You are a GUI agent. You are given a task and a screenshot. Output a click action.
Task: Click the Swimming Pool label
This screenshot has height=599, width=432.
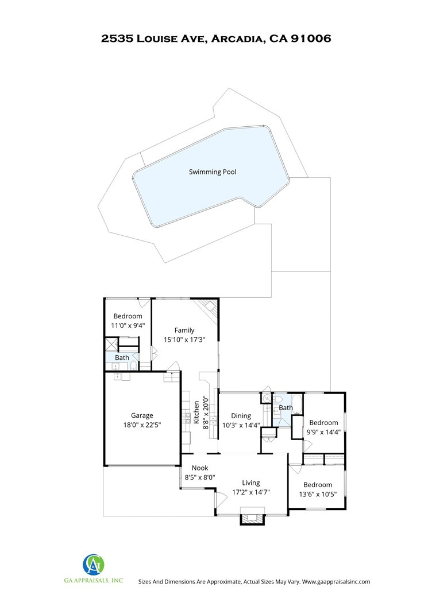(x=213, y=172)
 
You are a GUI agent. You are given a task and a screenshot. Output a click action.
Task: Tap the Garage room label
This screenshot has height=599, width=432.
(x=142, y=415)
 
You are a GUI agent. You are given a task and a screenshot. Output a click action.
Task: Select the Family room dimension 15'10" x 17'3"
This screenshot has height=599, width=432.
(x=184, y=340)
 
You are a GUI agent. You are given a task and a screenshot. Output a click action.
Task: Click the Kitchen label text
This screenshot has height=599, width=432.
(x=196, y=412)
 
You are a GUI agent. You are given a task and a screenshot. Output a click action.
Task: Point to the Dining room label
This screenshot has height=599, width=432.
(x=241, y=415)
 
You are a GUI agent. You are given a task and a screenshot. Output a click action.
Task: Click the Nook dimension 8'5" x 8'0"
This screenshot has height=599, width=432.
(x=200, y=477)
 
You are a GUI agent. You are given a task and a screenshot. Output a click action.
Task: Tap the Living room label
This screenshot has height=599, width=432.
(x=251, y=483)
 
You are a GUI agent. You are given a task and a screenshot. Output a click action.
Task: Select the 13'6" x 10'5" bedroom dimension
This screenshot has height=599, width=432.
(x=318, y=495)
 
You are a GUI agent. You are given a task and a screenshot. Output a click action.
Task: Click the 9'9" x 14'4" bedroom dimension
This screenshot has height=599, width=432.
(x=324, y=432)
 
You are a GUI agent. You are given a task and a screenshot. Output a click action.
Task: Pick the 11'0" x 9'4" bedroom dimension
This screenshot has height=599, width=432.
(x=128, y=325)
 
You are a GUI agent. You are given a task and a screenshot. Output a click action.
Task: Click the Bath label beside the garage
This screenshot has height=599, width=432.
(x=122, y=357)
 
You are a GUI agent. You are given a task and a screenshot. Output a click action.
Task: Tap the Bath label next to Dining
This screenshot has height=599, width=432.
(x=286, y=407)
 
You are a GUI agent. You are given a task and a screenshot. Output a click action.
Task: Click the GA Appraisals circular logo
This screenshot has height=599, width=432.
(x=94, y=564)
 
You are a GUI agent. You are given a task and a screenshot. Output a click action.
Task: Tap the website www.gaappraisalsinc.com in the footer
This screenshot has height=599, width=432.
(x=336, y=582)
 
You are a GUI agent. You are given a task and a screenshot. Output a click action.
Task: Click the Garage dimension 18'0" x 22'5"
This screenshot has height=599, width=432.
(x=142, y=425)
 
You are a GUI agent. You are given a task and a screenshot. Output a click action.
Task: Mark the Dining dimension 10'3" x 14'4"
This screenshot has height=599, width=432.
(x=241, y=425)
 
